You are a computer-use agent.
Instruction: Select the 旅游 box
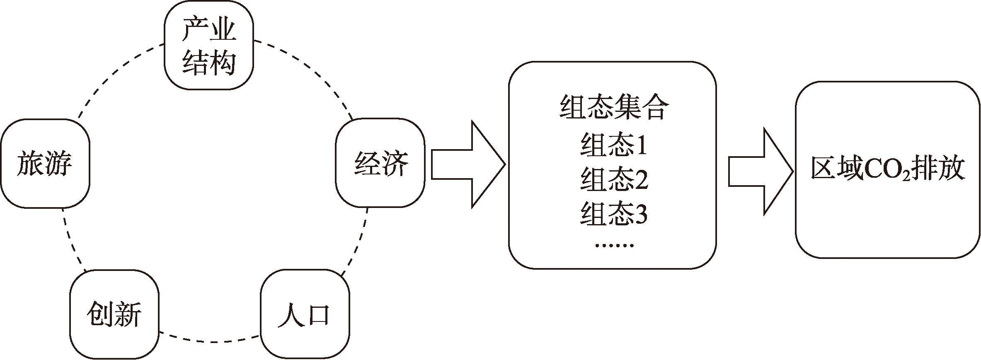pyautogui.click(x=45, y=163)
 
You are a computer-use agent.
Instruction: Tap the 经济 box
pyautogui.click(x=380, y=163)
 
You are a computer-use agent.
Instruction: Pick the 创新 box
pyautogui.click(x=114, y=314)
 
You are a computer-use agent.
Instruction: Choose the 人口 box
pyautogui.click(x=305, y=314)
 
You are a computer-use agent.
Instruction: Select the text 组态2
pyautogui.click(x=614, y=179)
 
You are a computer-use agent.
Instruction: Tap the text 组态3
pyautogui.click(x=614, y=214)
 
